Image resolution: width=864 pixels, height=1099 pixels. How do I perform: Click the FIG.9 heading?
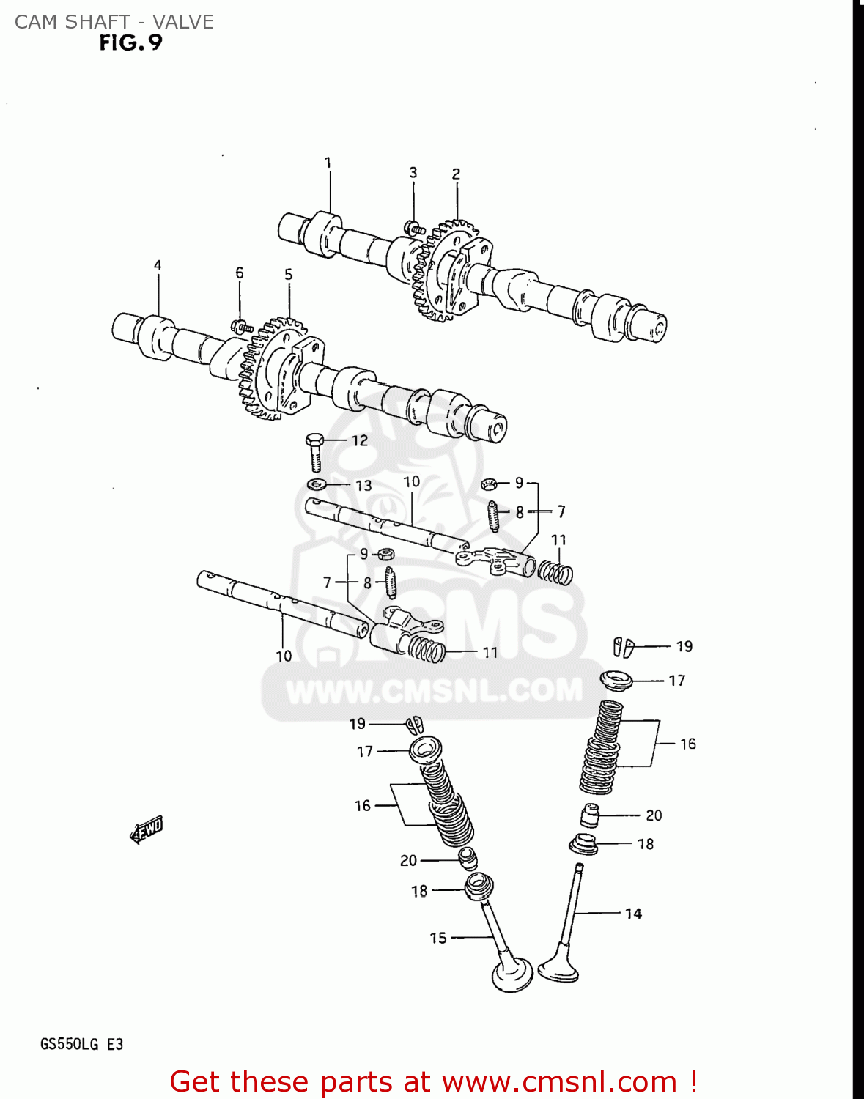[x=130, y=43]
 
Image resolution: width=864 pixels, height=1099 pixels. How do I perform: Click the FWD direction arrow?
[x=146, y=830]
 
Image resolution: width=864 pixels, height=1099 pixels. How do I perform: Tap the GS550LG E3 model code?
[x=81, y=1044]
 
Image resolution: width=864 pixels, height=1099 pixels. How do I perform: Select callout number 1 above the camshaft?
[x=328, y=163]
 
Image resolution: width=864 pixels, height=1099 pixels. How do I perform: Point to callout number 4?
[x=158, y=265]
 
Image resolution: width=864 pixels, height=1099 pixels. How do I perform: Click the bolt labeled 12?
[x=314, y=451]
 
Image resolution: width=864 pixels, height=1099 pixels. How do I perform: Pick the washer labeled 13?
[x=317, y=484]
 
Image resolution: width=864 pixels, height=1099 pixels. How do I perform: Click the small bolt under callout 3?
[x=414, y=228]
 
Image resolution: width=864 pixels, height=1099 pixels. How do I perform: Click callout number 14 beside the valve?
[x=633, y=914]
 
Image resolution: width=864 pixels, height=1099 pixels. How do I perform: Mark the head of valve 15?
[x=512, y=974]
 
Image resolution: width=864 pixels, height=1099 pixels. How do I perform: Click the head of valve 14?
[x=559, y=970]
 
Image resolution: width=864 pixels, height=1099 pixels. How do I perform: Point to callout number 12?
[x=360, y=440]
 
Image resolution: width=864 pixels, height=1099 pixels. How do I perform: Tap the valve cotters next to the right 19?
[x=623, y=647]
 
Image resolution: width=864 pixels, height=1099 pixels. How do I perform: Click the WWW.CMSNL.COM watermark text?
[x=434, y=691]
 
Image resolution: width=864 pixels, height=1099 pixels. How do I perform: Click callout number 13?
[x=363, y=486]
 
